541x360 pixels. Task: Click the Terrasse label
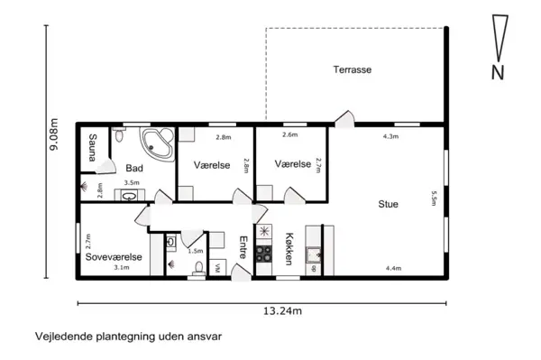pyautogui.click(x=353, y=69)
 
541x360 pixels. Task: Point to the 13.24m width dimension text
pyautogui.click(x=281, y=311)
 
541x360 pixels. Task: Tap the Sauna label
pyautogui.click(x=92, y=151)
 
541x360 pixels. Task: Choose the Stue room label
pyautogui.click(x=388, y=204)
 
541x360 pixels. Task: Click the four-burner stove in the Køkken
pyautogui.click(x=264, y=254)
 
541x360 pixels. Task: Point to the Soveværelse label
pyautogui.click(x=114, y=257)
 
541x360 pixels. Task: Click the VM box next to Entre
pyautogui.click(x=217, y=268)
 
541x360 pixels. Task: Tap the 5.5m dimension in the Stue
pyautogui.click(x=434, y=198)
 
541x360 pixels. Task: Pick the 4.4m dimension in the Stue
pyautogui.click(x=393, y=268)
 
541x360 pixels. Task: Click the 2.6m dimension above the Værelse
pyautogui.click(x=289, y=135)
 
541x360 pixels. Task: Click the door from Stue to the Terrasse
pyautogui.click(x=343, y=119)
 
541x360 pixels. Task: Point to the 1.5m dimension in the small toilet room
pyautogui.click(x=193, y=251)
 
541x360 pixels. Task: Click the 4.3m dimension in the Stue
pyautogui.click(x=390, y=136)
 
